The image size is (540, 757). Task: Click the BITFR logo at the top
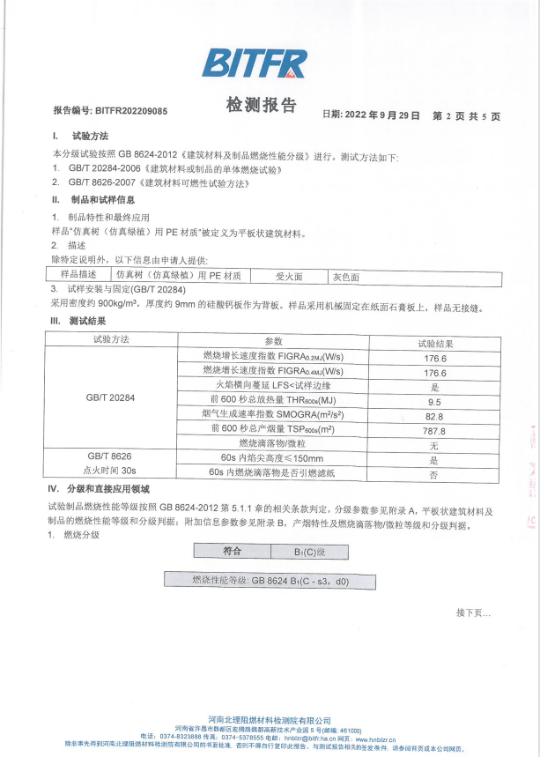pyautogui.click(x=255, y=63)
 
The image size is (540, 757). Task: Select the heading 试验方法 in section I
pyautogui.click(x=91, y=137)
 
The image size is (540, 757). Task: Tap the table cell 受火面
pyautogui.click(x=289, y=276)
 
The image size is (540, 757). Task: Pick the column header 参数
pyautogui.click(x=273, y=341)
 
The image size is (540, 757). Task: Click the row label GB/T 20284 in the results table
pyautogui.click(x=111, y=398)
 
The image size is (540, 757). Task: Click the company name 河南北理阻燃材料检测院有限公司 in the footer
pyautogui.click(x=270, y=721)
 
